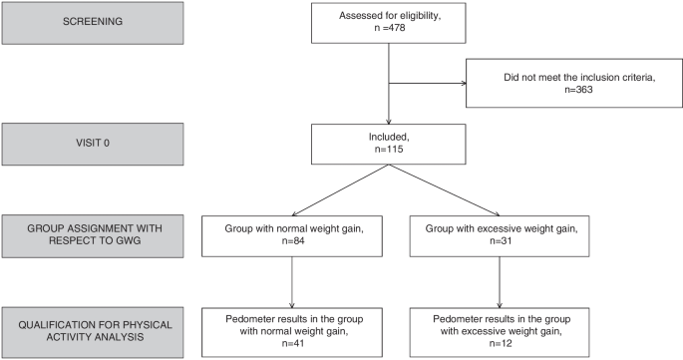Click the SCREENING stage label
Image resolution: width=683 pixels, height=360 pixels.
[x=93, y=21]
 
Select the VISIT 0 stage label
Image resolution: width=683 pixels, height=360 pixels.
[x=93, y=143]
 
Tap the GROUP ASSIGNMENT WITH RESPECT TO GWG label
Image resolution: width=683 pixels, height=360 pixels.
[x=95, y=234]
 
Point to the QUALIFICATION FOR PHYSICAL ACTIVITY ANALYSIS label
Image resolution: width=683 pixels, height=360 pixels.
[x=95, y=331]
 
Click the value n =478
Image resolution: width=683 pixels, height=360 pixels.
[x=388, y=28]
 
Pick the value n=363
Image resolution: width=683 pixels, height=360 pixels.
[x=578, y=90]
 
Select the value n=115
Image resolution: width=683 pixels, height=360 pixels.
[x=389, y=150]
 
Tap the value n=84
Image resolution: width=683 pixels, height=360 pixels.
[x=293, y=241]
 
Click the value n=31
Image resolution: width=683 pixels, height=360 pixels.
[x=501, y=241]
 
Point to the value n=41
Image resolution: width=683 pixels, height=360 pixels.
[x=293, y=343]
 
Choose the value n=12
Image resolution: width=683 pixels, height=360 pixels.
[x=501, y=343]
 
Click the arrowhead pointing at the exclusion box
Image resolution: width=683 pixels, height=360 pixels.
[x=464, y=83]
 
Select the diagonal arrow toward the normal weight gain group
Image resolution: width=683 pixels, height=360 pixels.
[x=340, y=190]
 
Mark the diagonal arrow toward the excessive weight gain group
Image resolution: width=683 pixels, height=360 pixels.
[x=444, y=190]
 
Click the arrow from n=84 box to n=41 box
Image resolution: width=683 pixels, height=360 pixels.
[x=292, y=282]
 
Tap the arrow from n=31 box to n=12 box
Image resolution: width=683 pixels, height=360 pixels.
[x=500, y=282]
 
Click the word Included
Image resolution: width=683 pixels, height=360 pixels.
[x=389, y=138]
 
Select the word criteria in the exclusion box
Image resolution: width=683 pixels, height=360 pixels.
[x=638, y=78]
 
